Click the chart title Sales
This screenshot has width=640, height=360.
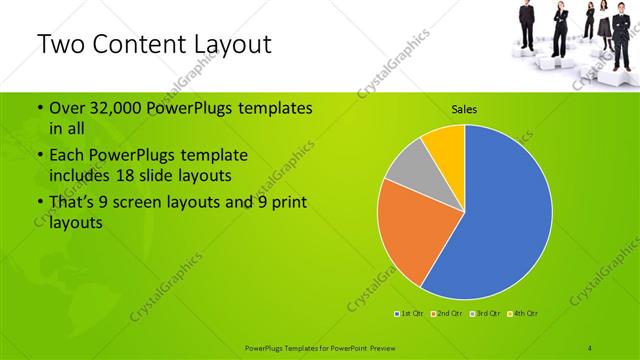pyautogui.click(x=464, y=108)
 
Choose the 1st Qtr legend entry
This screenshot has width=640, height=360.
pyautogui.click(x=410, y=314)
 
